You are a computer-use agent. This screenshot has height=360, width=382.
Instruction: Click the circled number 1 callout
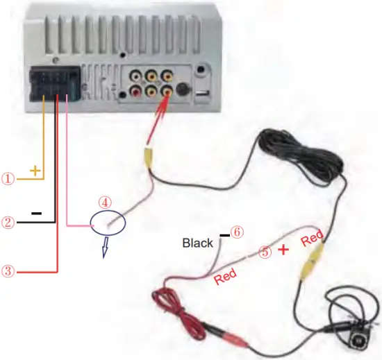[x=8, y=178]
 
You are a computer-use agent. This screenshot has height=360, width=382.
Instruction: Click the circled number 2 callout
[x=8, y=223]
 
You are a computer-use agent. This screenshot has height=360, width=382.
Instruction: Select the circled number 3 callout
[x=8, y=271]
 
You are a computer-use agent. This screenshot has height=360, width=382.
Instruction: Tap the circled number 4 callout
[x=104, y=203]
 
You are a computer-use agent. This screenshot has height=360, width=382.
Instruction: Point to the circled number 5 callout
[x=265, y=252]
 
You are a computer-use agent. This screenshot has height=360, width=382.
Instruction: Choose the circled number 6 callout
[x=236, y=233]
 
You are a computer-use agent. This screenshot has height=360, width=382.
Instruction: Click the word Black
[x=198, y=243]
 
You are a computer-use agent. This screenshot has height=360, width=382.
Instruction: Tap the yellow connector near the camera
[x=310, y=265]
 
